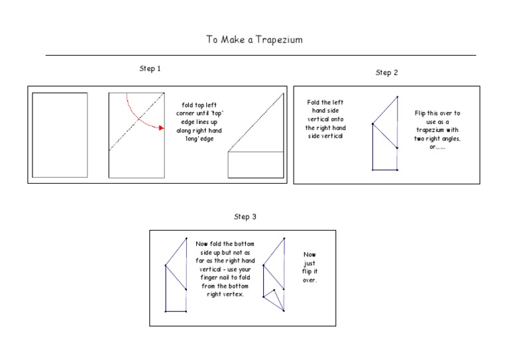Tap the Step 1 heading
pos(150,69)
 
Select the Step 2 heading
pos(386,73)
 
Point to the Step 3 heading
pos(245,217)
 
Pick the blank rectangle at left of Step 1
pos(60,135)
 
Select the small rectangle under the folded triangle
pos(255,165)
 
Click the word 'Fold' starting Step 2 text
pos(313,103)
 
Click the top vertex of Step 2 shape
pos(398,97)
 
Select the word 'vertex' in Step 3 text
pos(234,296)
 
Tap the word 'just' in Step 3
pos(310,263)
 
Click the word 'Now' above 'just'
pos(310,255)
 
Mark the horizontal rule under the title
pos(260,55)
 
